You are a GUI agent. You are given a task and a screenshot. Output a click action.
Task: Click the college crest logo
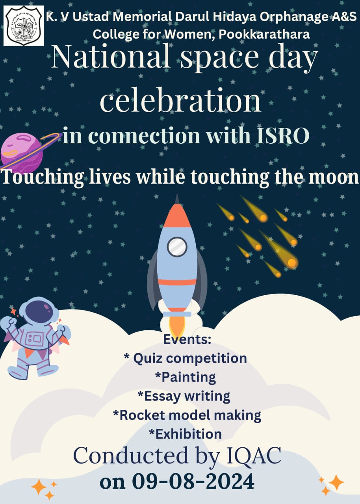pos(24,26)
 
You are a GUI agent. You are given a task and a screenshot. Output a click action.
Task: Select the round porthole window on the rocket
pos(177,247)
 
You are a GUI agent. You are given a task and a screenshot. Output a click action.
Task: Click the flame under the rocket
pos(177,326)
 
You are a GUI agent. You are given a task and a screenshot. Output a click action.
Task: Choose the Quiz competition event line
pos(186,358)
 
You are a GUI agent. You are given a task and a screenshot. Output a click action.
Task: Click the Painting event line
pos(186,377)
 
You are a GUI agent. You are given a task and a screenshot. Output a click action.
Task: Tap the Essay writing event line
pos(184,396)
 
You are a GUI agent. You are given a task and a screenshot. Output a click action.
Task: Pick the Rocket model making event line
pos(187,415)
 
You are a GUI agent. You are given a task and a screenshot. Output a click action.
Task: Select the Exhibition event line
pos(186,434)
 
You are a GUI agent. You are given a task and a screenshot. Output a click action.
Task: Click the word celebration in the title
pos(180,100)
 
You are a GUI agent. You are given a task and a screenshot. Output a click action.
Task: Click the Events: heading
pos(187,339)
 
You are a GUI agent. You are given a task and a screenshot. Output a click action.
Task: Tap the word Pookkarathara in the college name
pos(264,34)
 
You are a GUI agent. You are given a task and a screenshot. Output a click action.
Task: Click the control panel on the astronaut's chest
pos(34,338)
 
